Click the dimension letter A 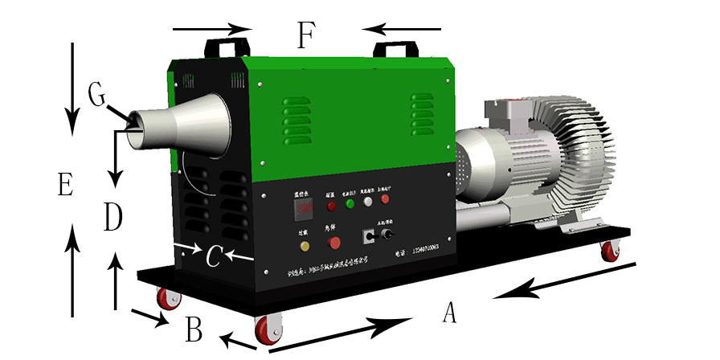coord(450,312)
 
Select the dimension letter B coord(194,329)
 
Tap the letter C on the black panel coord(213,256)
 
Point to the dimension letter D coord(113,217)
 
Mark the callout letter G coord(97,95)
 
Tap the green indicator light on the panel coord(350,204)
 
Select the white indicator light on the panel coord(369,202)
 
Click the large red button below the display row coord(334,241)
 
